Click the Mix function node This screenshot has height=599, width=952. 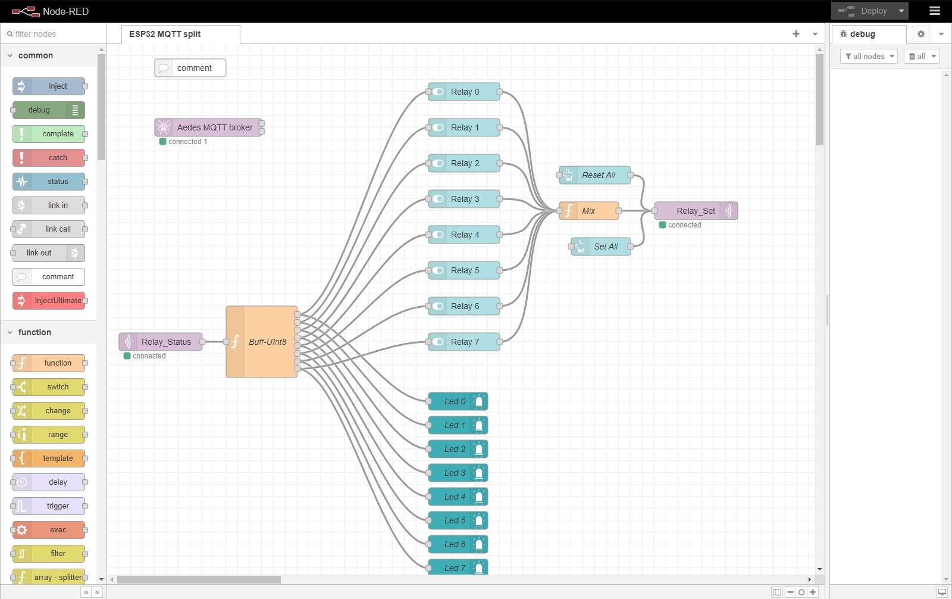point(589,211)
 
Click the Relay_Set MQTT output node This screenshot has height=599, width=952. point(696,211)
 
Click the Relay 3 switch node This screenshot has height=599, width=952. point(464,199)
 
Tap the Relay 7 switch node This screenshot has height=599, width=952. point(464,342)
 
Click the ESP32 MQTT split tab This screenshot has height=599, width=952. point(165,34)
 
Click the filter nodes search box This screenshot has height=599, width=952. point(55,34)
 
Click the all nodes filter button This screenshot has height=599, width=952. point(869,57)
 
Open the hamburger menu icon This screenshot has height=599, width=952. point(935,11)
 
